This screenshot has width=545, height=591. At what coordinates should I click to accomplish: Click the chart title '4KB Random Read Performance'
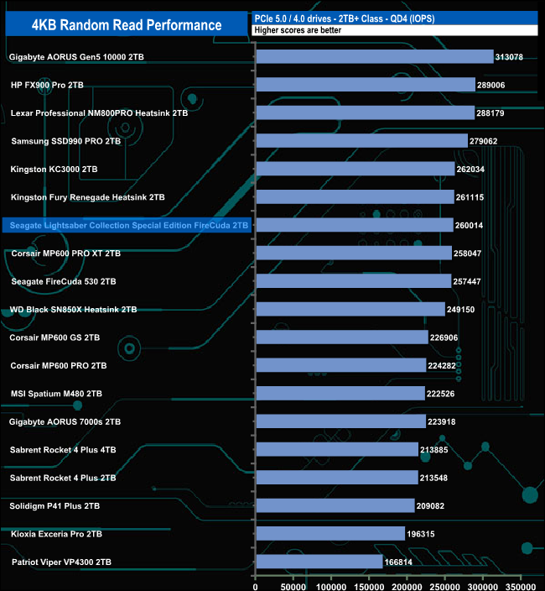(x=126, y=25)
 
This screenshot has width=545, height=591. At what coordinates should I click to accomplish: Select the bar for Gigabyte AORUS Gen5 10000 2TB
(x=374, y=57)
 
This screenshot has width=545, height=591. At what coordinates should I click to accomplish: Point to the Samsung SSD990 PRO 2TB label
(x=66, y=141)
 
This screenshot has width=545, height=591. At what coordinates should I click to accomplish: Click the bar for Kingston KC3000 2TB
(x=356, y=169)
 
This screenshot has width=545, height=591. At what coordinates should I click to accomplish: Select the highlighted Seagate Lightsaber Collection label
(x=129, y=225)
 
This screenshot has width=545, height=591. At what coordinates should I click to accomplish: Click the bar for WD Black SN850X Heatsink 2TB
(x=350, y=309)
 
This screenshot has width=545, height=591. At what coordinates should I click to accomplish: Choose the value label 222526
(x=444, y=394)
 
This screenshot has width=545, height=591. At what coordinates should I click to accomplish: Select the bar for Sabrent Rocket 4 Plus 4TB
(x=337, y=449)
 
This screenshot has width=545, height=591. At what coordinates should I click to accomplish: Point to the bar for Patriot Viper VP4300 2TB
(x=319, y=562)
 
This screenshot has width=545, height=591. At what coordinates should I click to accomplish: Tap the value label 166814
(x=402, y=562)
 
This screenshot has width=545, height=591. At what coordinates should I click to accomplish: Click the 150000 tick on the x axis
(x=369, y=580)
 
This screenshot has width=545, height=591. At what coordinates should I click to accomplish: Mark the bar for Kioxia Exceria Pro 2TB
(x=330, y=533)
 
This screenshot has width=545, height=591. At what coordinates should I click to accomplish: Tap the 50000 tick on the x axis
(x=293, y=580)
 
